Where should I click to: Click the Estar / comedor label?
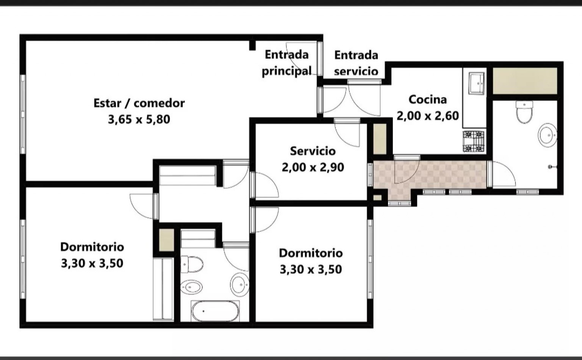pyautogui.click(x=139, y=103)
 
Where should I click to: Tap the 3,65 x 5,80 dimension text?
pyautogui.click(x=139, y=120)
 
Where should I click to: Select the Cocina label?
pyautogui.click(x=428, y=100)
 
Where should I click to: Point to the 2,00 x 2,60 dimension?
pyautogui.click(x=428, y=116)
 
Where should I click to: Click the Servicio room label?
pyautogui.click(x=313, y=151)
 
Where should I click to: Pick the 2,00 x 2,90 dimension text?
pyautogui.click(x=313, y=167)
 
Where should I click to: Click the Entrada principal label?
pyautogui.click(x=286, y=63)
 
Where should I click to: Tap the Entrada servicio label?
pyautogui.click(x=356, y=63)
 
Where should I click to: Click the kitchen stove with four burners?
pyautogui.click(x=474, y=141)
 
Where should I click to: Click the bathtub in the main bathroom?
pyautogui.click(x=215, y=311)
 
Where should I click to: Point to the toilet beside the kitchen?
pyautogui.click(x=524, y=112)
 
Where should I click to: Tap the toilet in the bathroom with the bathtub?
pyautogui.click(x=192, y=265)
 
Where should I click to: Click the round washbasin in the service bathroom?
pyautogui.click(x=547, y=135)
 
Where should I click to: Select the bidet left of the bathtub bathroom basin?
pyautogui.click(x=191, y=287)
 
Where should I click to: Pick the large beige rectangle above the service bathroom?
pyautogui.click(x=525, y=81)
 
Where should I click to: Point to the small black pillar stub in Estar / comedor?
pyautogui.click(x=252, y=45)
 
